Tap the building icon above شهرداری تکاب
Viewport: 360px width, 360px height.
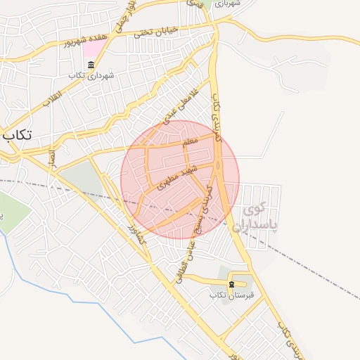click(91, 65)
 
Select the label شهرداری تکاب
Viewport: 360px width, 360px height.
click(91, 75)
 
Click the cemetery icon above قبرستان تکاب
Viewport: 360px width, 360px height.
click(232, 284)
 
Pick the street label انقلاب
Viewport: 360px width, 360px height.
click(53, 98)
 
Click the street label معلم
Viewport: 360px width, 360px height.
click(189, 143)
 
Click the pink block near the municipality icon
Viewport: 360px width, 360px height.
click(94, 49)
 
